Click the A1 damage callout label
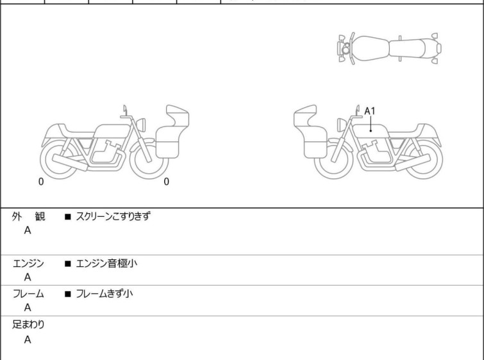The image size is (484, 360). click(369, 111)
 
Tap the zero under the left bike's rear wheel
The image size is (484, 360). click(41, 182)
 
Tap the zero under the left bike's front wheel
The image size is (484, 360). click(166, 182)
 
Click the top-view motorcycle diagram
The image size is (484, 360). click(389, 49)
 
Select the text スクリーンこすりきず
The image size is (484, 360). click(113, 216)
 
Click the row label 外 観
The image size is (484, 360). click(28, 217)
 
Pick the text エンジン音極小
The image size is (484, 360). click(106, 264)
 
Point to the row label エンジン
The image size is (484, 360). click(28, 264)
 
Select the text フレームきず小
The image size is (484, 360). click(104, 293)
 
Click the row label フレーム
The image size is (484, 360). click(28, 294)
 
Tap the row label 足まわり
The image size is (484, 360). click(28, 325)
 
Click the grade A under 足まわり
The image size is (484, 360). click(28, 339)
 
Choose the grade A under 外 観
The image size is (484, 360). click(28, 230)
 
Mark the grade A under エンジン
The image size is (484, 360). click(28, 277)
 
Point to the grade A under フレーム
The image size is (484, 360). click(28, 308)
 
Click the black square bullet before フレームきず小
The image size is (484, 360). click(67, 294)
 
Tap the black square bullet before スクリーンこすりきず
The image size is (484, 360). click(67, 217)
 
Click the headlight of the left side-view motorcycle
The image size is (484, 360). click(141, 124)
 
